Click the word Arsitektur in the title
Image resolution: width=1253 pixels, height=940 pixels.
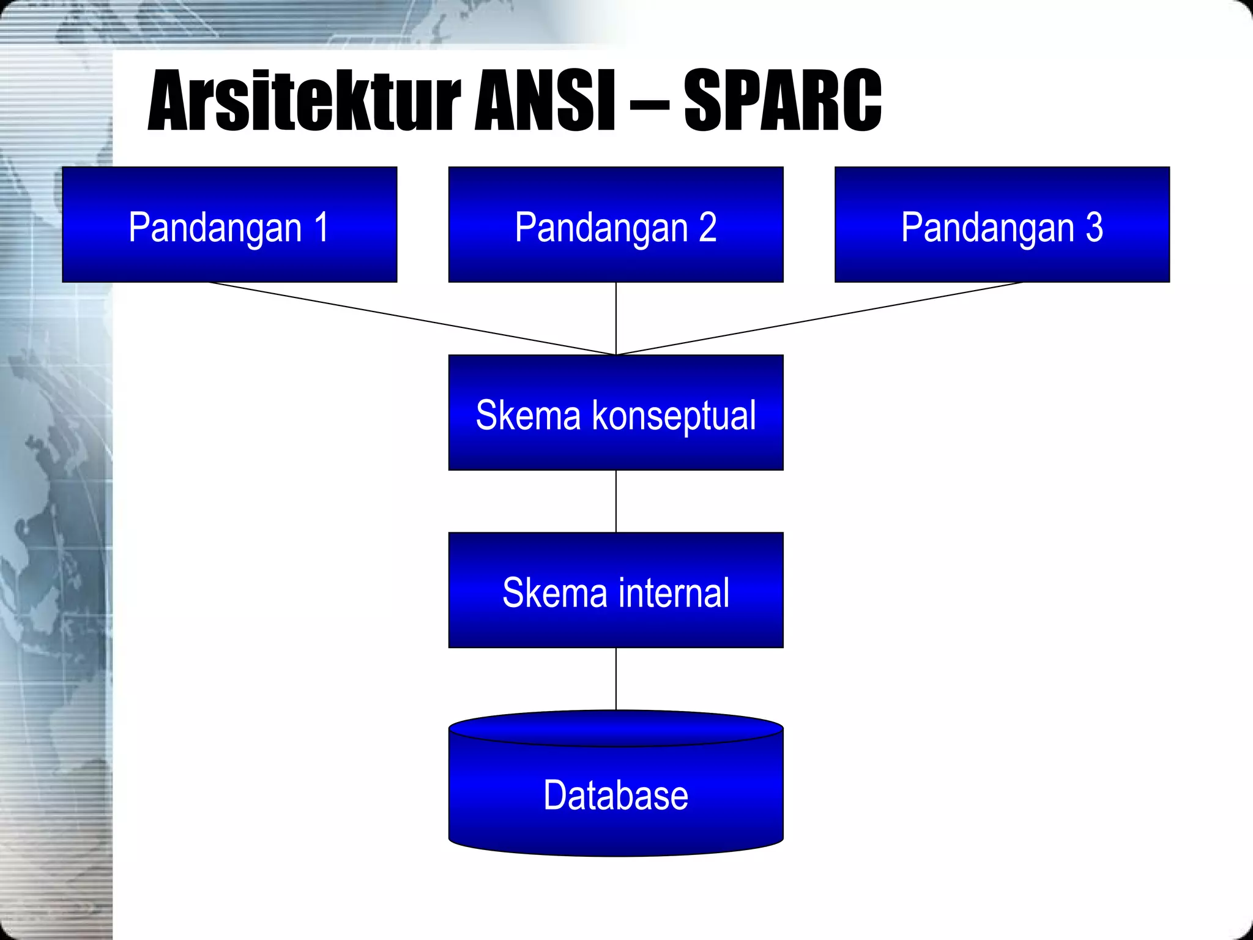click(304, 101)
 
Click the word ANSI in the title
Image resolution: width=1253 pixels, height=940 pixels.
click(545, 101)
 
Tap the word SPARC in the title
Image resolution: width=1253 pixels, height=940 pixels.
click(783, 101)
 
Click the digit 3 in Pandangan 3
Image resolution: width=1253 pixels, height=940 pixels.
click(1094, 227)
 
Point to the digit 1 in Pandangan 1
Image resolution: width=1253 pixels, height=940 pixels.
click(322, 227)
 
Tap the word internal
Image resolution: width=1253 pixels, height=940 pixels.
click(674, 592)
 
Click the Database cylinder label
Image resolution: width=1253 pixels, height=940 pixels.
click(615, 795)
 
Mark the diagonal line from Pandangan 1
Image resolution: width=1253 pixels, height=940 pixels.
click(412, 318)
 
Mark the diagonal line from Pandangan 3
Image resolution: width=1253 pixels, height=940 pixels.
click(820, 318)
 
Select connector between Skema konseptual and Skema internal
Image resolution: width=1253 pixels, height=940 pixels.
click(615, 501)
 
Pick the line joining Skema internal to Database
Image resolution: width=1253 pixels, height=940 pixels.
click(615, 678)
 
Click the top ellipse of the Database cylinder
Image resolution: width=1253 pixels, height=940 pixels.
click(615, 728)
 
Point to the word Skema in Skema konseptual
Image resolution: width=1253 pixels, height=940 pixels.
click(527, 416)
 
